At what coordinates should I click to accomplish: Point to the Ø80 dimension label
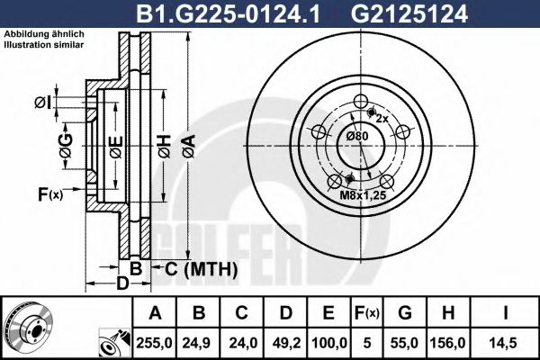click(x=358, y=136)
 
